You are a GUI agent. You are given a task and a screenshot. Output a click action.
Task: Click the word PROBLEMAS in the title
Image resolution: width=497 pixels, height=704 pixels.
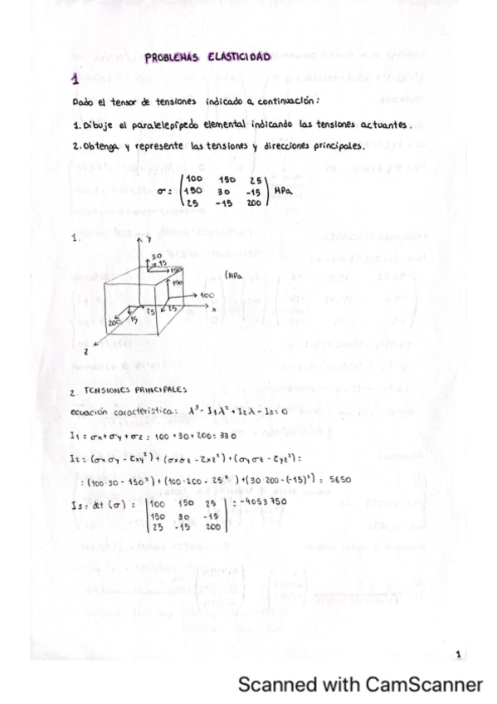[x=168, y=57]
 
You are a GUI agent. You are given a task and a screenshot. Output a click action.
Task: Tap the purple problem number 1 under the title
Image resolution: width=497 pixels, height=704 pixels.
[x=75, y=81]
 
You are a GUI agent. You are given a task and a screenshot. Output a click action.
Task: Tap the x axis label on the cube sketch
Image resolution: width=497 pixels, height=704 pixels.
[x=213, y=310]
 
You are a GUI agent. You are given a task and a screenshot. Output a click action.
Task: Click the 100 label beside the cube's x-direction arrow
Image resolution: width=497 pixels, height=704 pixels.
[x=207, y=295]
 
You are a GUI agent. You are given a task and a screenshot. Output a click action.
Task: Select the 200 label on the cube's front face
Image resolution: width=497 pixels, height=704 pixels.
[x=115, y=320]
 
